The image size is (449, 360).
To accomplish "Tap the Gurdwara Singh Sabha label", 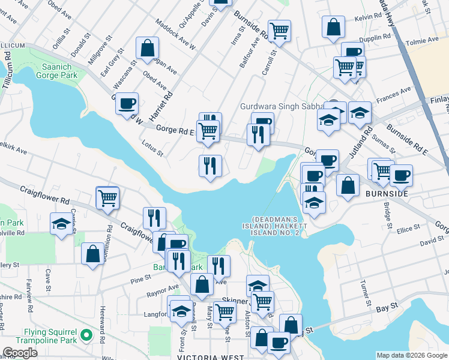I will coord(282,106).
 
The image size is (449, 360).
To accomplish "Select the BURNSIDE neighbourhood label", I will coord(387,194).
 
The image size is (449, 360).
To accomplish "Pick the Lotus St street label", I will coord(152,148).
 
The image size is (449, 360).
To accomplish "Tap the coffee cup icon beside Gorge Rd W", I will coord(127,103).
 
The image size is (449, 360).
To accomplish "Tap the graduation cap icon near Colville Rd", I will coord(61,224).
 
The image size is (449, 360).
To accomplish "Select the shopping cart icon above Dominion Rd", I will coord(107,197).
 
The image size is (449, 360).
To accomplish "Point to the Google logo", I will coord(20,353).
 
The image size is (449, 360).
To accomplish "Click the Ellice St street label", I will coord(408,229).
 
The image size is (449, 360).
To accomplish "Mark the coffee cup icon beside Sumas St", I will coord(401,175).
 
